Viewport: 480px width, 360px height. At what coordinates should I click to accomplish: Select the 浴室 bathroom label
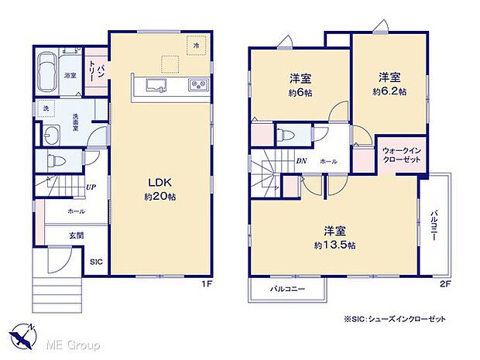pos(70,75)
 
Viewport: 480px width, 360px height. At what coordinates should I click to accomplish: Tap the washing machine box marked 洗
pos(46,108)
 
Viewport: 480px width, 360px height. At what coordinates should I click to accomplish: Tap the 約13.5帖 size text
pos(334,245)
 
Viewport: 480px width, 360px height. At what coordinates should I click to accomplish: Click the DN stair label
pos(301,161)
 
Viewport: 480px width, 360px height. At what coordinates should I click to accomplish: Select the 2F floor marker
pos(444,283)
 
